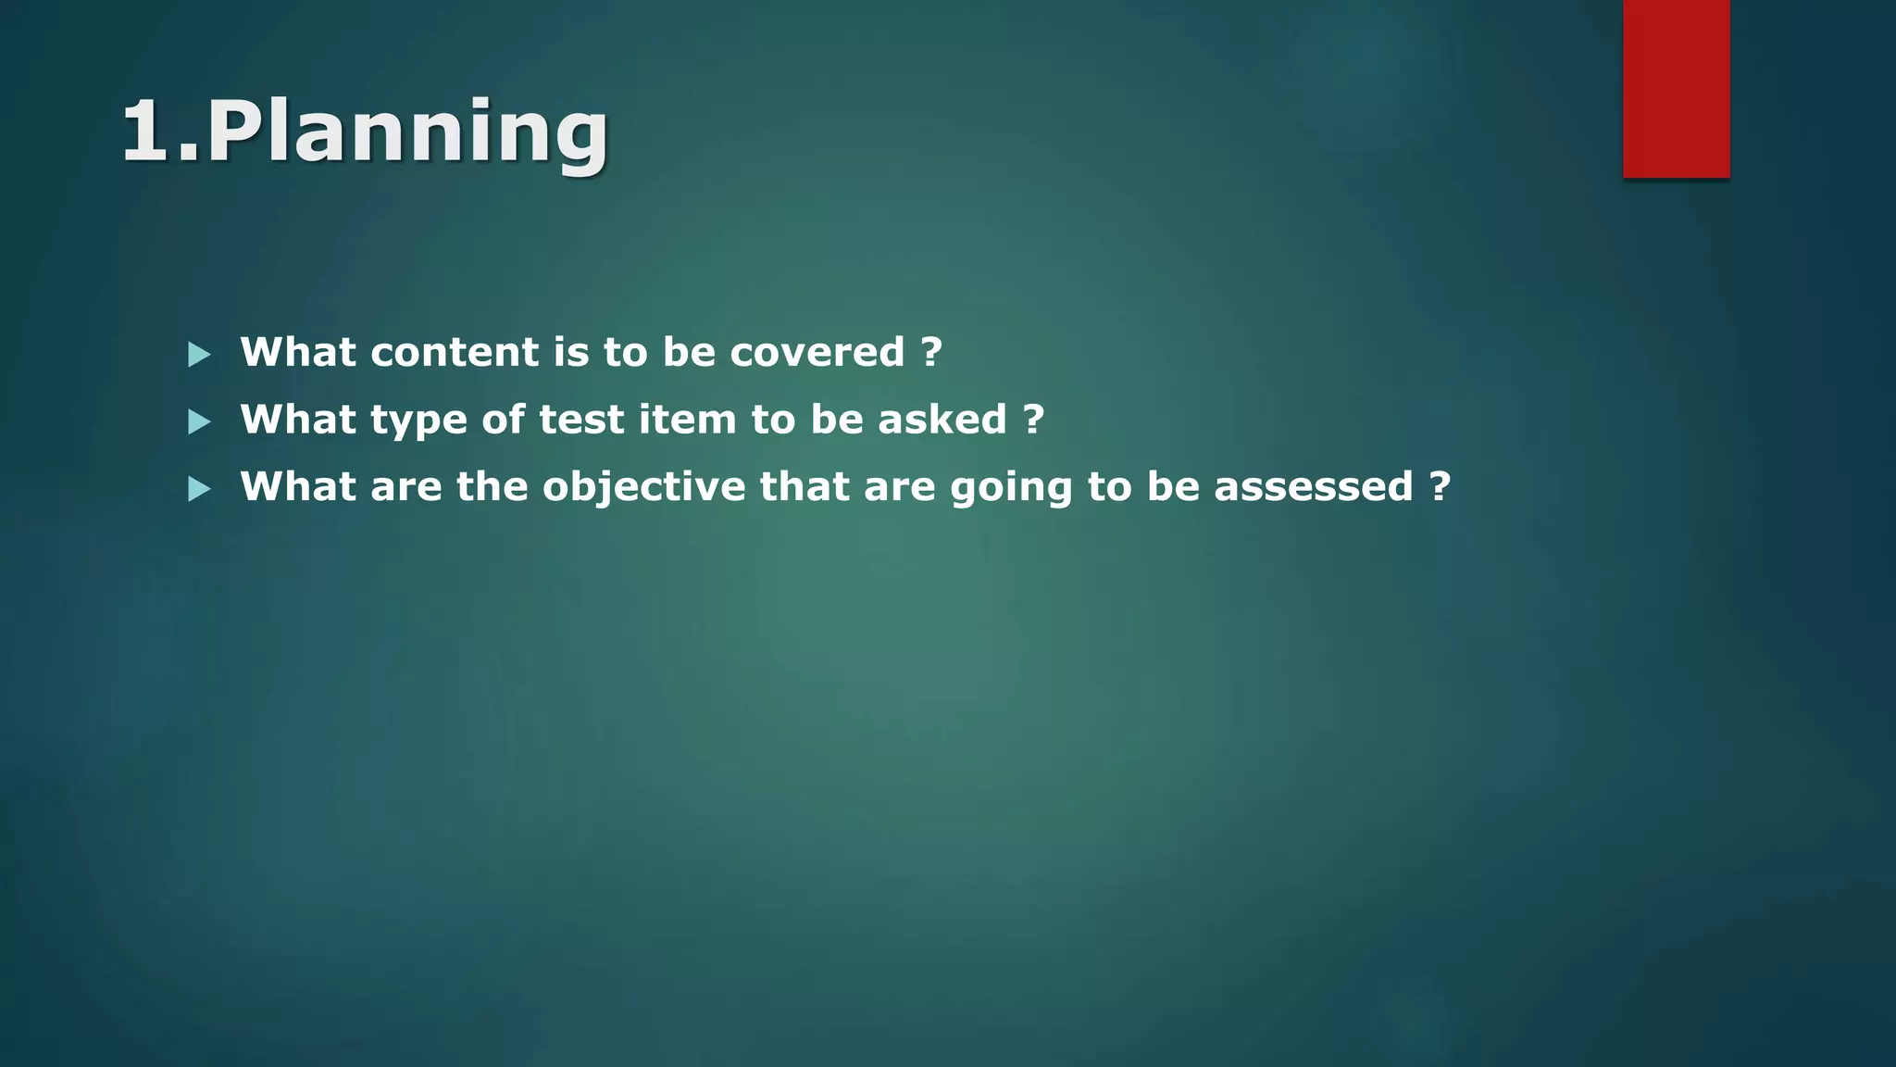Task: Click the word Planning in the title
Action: click(407, 132)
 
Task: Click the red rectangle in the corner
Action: click(1676, 88)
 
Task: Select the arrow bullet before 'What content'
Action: click(199, 354)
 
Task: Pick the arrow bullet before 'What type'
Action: click(199, 422)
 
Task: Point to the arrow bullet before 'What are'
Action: click(199, 489)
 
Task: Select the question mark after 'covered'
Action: click(931, 352)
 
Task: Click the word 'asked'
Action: click(942, 420)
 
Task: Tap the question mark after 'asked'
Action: click(1034, 420)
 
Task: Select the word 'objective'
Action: click(643, 487)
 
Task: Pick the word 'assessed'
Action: click(1313, 487)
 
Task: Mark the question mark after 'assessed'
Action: click(1440, 487)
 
